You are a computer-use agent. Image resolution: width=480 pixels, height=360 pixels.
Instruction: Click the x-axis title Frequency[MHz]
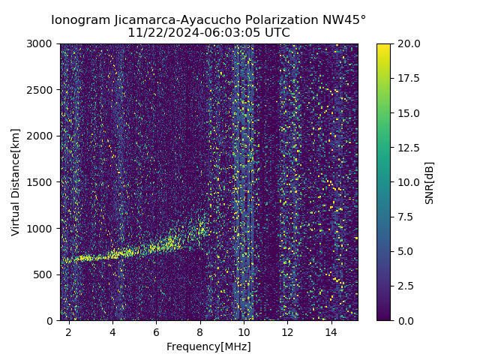point(208,346)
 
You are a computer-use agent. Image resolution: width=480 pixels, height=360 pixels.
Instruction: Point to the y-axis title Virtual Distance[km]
point(15,182)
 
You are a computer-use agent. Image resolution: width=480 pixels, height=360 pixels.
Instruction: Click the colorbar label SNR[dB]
point(430,182)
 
